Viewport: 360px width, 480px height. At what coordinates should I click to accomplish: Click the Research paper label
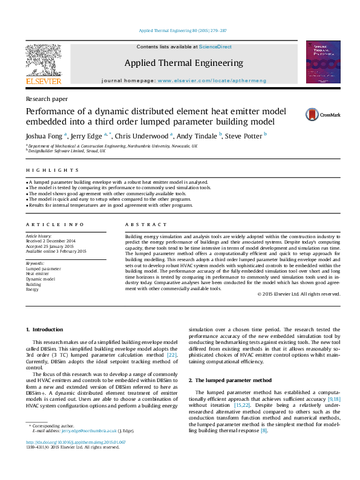click(x=47, y=98)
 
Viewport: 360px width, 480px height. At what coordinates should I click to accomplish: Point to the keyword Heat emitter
click(x=38, y=274)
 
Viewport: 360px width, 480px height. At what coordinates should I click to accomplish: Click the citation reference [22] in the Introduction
click(x=172, y=355)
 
